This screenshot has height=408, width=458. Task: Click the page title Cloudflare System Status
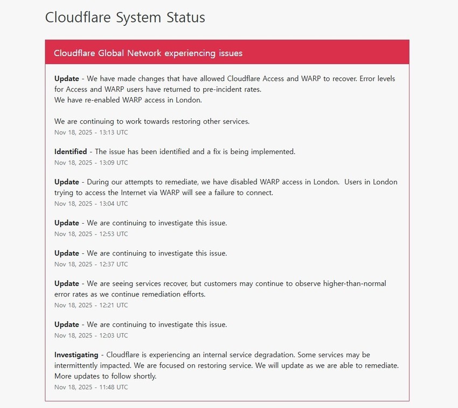pos(125,17)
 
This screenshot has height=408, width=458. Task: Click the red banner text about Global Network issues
pos(148,53)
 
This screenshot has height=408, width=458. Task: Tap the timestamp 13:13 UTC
pos(91,132)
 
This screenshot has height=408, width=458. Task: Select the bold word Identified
pos(71,151)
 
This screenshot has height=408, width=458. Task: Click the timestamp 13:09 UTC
pos(91,162)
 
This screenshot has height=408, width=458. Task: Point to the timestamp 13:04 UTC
pos(91,203)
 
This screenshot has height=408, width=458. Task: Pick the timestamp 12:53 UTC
pos(91,233)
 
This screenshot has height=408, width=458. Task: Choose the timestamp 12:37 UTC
pos(91,264)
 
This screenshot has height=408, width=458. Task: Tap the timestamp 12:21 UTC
pos(91,305)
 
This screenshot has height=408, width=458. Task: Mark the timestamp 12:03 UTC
pos(91,335)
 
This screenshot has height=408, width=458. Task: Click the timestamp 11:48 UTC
pos(91,386)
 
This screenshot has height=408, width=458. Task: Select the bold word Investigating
pos(76,355)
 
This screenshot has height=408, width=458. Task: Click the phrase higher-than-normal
pos(354,283)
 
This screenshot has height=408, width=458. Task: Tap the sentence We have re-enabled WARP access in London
pos(128,100)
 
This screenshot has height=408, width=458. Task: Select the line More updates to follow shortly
pos(105,376)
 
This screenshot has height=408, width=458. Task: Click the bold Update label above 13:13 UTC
pos(67,79)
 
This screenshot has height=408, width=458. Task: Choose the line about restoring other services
pos(152,121)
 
